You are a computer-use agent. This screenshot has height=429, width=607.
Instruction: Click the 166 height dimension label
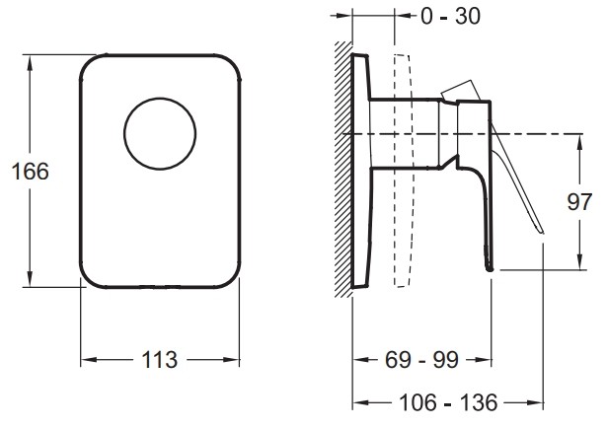[31, 172]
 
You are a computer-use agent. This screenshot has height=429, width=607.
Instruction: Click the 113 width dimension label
[160, 360]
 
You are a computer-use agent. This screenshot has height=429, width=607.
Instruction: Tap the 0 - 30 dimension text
[451, 16]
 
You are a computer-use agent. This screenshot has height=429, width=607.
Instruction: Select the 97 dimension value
[579, 202]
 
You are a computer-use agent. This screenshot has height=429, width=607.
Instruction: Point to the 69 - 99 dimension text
[421, 360]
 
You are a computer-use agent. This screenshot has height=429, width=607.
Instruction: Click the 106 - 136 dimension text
[448, 402]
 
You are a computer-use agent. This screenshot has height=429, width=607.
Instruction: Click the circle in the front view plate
[160, 98]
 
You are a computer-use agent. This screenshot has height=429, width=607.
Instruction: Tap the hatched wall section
[343, 169]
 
